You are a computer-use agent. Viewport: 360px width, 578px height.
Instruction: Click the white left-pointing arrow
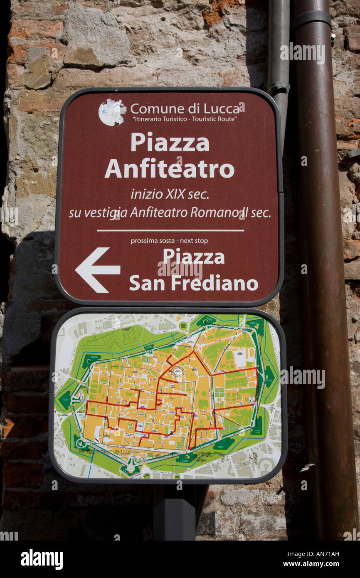point(97,270)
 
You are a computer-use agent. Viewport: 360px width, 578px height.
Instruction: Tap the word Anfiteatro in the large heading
point(169,169)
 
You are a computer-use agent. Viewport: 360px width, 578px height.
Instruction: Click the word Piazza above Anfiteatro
point(170,143)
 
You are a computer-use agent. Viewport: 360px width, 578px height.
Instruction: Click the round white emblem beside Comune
point(112,112)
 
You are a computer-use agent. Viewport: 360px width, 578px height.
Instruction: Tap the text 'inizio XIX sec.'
point(170,194)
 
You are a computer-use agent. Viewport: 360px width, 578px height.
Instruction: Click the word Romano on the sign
point(215,212)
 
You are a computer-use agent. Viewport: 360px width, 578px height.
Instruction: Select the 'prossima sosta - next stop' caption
point(169,241)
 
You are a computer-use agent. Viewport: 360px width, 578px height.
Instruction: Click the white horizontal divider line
point(170,230)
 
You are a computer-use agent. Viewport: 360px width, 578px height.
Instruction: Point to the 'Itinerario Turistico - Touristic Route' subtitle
point(185,119)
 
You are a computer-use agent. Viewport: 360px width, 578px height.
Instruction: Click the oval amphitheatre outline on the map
point(178,371)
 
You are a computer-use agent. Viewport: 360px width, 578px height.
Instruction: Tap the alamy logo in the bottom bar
point(42,559)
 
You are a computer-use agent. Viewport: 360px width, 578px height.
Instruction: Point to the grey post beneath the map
point(174,512)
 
